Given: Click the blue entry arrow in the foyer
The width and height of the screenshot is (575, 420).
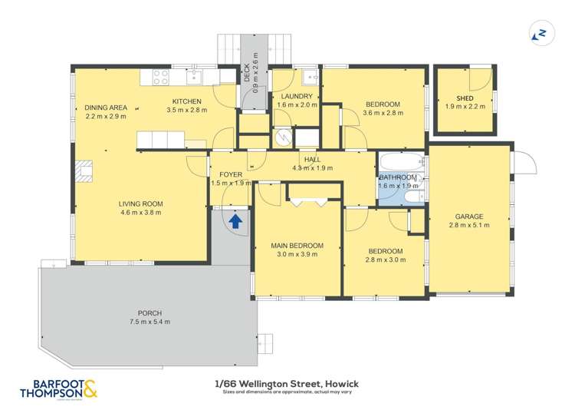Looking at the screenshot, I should (x=236, y=222).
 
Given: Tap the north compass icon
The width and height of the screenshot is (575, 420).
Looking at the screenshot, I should (x=540, y=34).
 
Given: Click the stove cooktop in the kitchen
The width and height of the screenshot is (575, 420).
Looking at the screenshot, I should (x=161, y=76).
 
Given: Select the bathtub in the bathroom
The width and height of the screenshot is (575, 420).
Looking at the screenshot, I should (x=401, y=163).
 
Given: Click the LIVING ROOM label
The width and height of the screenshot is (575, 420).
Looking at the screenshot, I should (x=140, y=203).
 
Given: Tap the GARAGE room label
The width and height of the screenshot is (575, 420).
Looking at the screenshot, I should (x=468, y=216).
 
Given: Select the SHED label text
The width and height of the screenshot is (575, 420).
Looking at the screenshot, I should (x=465, y=98).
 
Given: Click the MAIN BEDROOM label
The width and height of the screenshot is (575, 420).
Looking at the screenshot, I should (x=297, y=246).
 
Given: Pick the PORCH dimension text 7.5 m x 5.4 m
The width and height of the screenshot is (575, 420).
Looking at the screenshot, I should (x=149, y=322).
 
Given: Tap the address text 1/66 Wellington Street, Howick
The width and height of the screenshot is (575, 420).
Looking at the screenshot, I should (x=287, y=383).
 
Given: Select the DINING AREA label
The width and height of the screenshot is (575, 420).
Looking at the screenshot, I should (x=106, y=107).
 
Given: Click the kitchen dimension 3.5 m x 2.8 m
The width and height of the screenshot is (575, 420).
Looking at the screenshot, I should (x=186, y=111).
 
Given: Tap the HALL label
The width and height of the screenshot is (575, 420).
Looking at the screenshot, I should (x=311, y=159).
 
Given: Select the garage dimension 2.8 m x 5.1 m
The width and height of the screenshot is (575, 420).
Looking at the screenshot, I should (x=468, y=225).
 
